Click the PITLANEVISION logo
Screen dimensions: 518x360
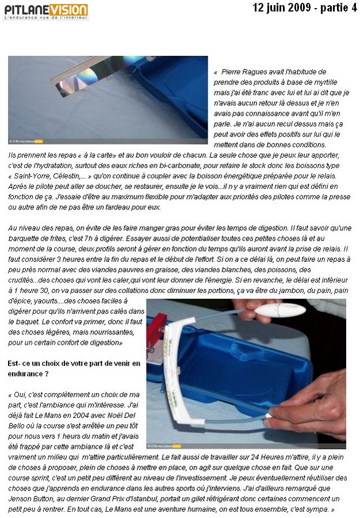pyautogui.click(x=46, y=10)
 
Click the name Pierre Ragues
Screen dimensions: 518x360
pyautogui.click(x=245, y=72)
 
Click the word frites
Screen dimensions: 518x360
pyautogui.click(x=61, y=238)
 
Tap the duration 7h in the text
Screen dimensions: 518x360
pyautogui.click(x=91, y=238)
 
